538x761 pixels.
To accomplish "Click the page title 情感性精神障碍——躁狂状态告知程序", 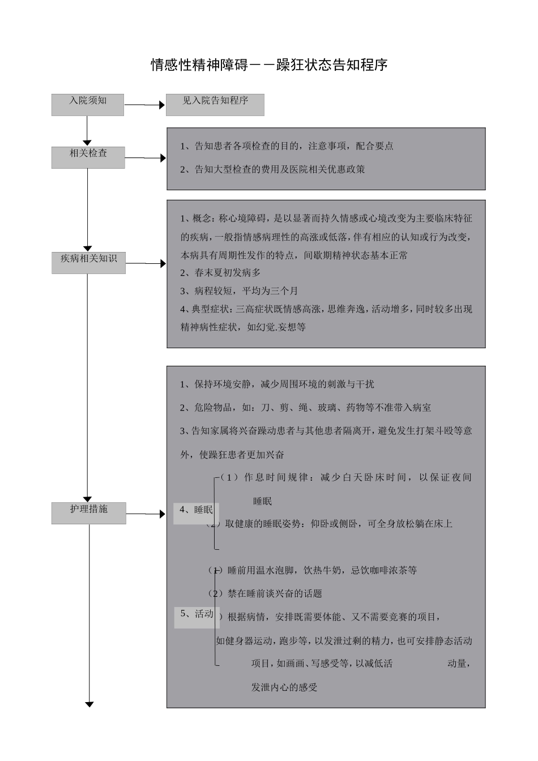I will click(269, 65).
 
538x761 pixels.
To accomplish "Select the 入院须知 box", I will click(88, 105).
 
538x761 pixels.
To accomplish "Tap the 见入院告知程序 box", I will click(215, 105).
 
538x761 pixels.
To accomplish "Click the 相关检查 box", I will click(88, 157).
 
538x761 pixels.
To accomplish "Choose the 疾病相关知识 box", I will click(88, 263).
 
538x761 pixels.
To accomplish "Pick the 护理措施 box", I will click(89, 513).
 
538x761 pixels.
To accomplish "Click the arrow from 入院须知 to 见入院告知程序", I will click(144, 105).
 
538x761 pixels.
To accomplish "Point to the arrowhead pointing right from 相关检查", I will click(163, 158).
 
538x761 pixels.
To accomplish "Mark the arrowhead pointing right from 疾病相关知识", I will click(163, 263).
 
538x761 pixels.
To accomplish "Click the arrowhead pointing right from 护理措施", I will click(163, 514).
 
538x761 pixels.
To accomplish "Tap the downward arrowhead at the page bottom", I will click(89, 704).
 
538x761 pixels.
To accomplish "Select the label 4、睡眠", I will click(196, 510).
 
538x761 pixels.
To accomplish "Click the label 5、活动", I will click(197, 614).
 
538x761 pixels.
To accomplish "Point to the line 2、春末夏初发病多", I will click(220, 273).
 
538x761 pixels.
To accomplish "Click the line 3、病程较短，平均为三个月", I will click(239, 291).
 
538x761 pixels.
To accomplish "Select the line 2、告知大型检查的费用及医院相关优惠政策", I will click(272, 169).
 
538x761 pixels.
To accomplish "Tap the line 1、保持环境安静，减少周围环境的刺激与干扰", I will click(277, 384).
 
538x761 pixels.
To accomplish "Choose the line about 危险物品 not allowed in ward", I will click(305, 408).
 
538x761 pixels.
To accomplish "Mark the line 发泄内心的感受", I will click(284, 687).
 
